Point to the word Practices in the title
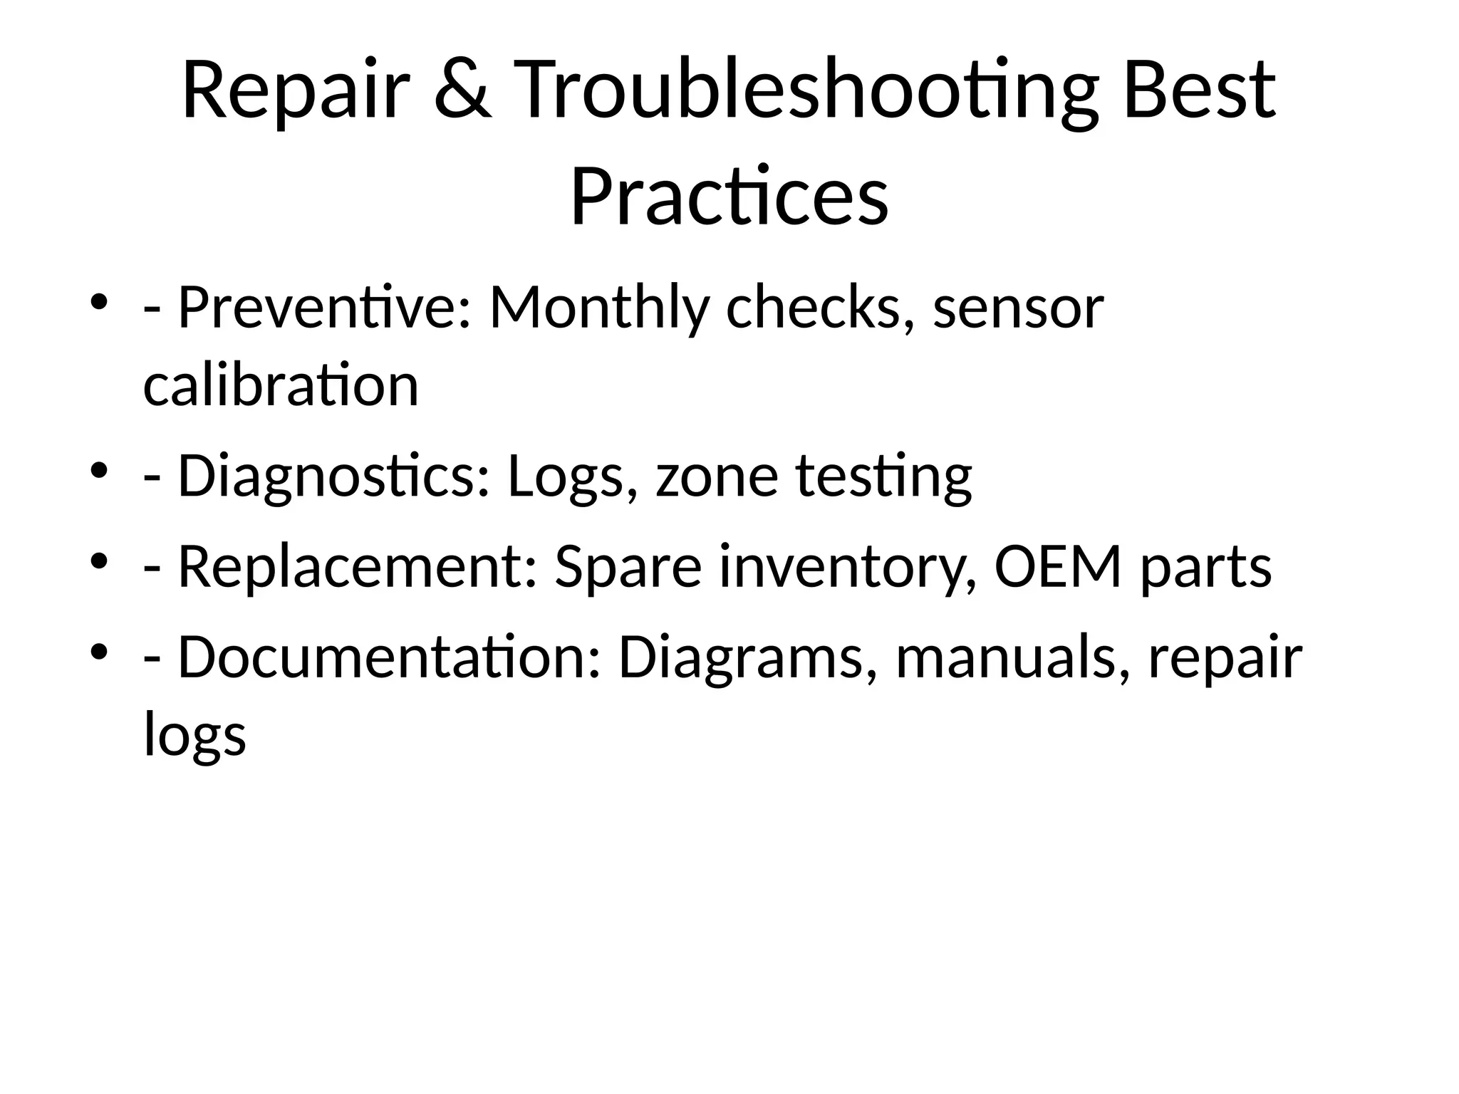[x=729, y=196]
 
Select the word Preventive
[x=324, y=308]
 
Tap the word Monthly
[x=599, y=308]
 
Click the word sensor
[x=1018, y=309]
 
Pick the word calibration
[x=281, y=385]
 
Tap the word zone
[x=717, y=476]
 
